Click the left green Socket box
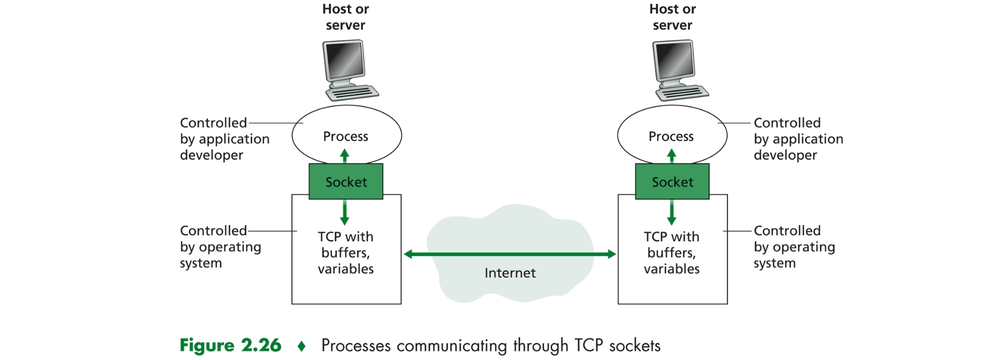(346, 182)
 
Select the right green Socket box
(672, 182)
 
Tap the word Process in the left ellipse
(346, 136)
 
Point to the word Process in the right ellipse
(671, 136)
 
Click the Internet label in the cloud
(510, 273)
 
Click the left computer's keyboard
(353, 93)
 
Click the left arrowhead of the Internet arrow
(409, 254)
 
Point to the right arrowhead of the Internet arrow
(611, 254)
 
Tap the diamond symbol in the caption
(302, 346)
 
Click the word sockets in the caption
(635, 346)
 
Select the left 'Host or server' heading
(346, 17)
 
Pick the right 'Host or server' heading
(673, 17)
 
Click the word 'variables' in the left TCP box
(346, 269)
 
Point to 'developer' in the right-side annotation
(785, 155)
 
